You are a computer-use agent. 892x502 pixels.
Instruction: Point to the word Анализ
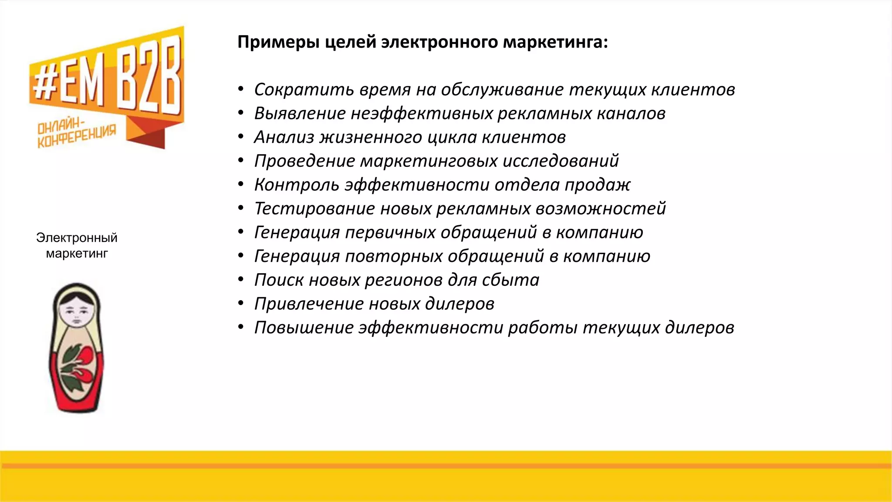[284, 137]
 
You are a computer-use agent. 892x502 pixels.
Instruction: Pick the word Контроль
[297, 185]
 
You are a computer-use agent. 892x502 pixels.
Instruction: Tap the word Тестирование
[314, 209]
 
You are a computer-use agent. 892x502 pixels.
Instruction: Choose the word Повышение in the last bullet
[304, 328]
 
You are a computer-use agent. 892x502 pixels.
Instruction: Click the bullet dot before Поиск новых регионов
[241, 279]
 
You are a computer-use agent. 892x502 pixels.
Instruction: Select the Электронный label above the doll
[77, 237]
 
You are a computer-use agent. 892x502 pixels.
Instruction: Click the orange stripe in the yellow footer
[446, 466]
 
